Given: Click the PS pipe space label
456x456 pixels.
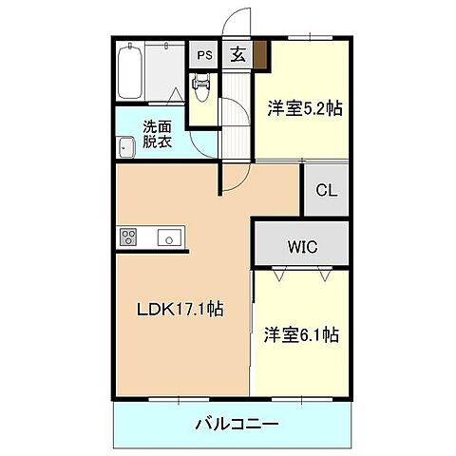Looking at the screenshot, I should point(204,55).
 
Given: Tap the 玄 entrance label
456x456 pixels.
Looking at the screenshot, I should point(236,55).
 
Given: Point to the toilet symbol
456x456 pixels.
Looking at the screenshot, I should point(200,90).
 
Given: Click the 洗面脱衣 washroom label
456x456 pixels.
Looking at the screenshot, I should point(158,135).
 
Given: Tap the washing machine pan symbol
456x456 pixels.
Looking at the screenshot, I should point(125,146).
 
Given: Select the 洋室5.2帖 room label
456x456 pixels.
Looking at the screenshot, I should point(304,109).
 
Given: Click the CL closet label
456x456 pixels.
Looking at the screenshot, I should point(326,191).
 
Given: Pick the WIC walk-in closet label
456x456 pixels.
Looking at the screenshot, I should point(302,247).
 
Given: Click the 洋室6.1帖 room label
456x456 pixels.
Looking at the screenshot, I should point(302,334).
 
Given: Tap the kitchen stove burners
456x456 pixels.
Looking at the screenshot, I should point(129,237).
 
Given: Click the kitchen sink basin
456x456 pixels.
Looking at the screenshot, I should point(168,238).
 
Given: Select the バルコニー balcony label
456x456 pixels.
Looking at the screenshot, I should point(231,423).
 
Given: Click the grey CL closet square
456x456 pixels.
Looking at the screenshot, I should point(326,191).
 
